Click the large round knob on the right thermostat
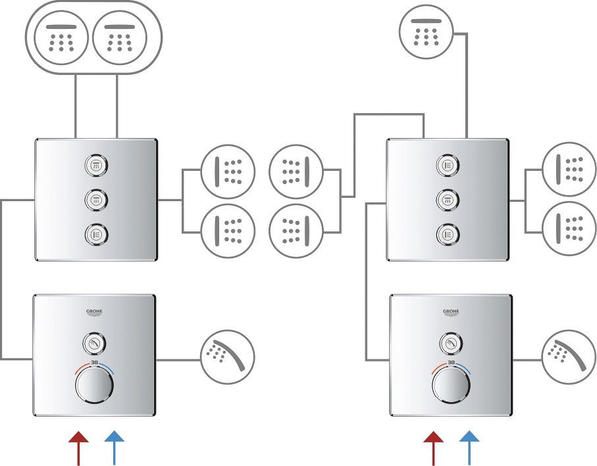tap(452, 386)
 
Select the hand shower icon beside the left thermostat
tap(227, 357)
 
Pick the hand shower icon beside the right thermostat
tap(568, 357)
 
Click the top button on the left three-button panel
tap(96, 164)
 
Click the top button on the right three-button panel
tap(448, 164)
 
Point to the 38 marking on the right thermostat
tap(452, 363)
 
